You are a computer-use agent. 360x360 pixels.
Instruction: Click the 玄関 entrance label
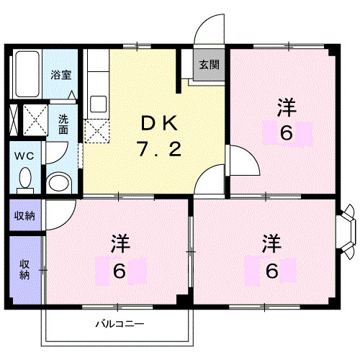(209, 64)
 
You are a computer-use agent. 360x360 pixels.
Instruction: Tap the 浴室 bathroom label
(60, 74)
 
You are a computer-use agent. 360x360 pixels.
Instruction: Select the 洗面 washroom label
(63, 124)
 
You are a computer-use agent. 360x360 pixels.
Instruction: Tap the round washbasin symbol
(58, 181)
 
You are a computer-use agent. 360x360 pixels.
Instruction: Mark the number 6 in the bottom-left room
(120, 271)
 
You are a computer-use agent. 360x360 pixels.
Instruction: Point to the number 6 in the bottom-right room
(270, 271)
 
